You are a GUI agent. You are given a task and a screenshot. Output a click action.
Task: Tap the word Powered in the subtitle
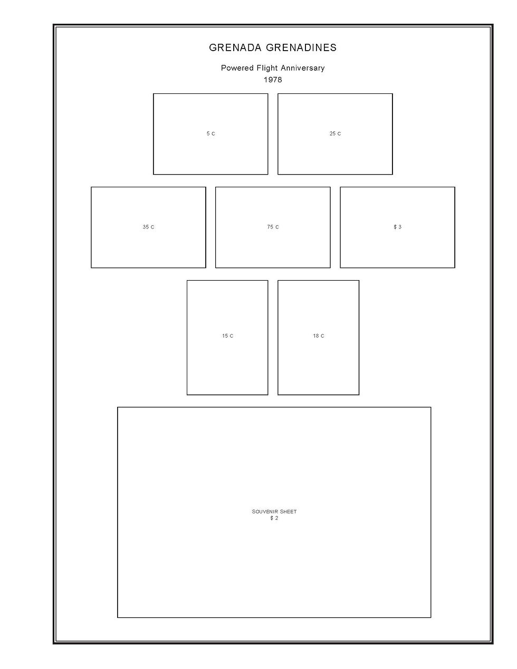coord(237,68)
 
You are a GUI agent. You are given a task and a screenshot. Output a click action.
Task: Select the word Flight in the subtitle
coord(267,68)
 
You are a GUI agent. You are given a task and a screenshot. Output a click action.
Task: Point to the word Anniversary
coord(303,68)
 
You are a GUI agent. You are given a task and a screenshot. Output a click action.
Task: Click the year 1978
coord(273,80)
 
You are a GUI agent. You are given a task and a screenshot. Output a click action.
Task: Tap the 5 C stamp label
coord(210,134)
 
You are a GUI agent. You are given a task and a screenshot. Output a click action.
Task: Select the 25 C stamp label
coord(335,134)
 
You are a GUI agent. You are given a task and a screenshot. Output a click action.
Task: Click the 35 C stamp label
coord(148,227)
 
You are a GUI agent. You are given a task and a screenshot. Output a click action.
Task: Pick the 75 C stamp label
coord(273,227)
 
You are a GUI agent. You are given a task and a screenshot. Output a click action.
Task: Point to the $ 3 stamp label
coord(397,227)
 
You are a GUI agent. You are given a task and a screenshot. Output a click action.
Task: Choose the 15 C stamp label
coord(227,336)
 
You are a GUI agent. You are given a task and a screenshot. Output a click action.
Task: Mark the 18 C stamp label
coord(319,336)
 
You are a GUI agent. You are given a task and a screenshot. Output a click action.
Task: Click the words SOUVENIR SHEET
coord(274,512)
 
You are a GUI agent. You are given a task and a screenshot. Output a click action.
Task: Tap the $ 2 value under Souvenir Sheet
coord(274,518)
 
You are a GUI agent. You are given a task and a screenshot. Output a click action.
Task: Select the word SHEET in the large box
coord(288,512)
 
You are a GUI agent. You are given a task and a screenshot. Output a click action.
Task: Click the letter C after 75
coord(277,227)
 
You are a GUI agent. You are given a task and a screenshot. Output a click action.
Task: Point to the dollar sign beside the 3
coord(395,227)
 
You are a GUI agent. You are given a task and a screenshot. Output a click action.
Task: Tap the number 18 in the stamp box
coord(315,336)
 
